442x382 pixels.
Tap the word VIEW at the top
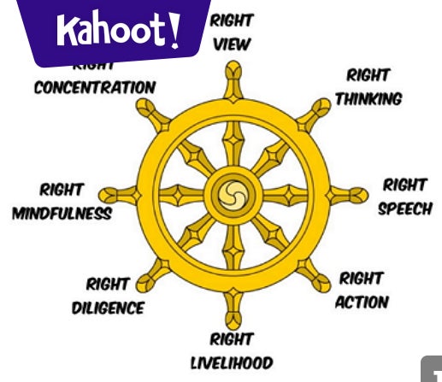[231, 44]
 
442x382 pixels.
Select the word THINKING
[368, 98]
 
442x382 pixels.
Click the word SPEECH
[404, 209]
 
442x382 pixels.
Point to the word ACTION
[361, 302]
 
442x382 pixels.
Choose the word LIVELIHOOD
[232, 363]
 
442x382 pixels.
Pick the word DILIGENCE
[109, 308]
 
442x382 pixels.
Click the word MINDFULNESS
[62, 213]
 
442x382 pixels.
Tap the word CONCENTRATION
[95, 88]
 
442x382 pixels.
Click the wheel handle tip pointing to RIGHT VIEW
[231, 73]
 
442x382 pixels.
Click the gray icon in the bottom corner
[432, 369]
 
